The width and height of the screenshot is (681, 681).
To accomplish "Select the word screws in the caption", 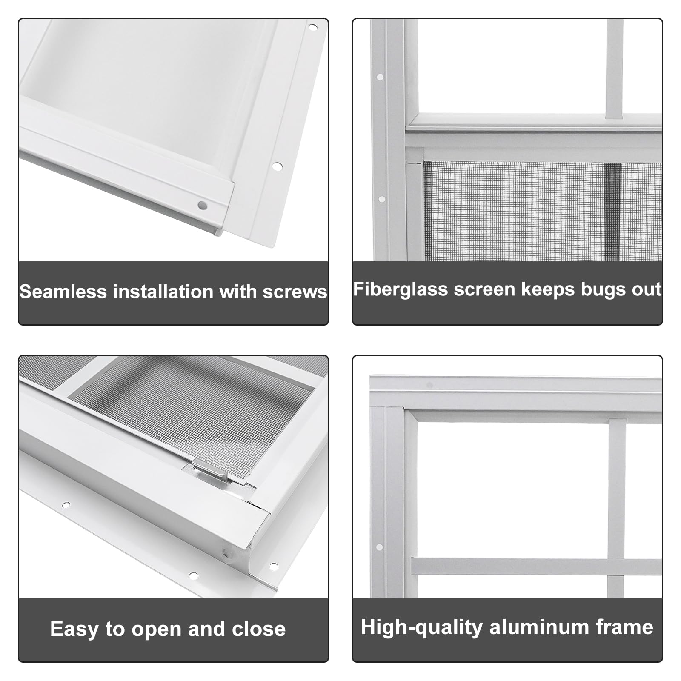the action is pyautogui.click(x=295, y=292).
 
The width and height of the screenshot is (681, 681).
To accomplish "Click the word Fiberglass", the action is pyautogui.click(x=401, y=289).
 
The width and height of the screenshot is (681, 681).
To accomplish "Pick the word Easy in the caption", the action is pyautogui.click(x=74, y=629).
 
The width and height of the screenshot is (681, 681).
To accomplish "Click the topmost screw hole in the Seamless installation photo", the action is pyautogui.click(x=313, y=27).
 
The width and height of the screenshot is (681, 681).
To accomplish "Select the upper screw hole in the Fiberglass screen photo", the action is pyautogui.click(x=380, y=77).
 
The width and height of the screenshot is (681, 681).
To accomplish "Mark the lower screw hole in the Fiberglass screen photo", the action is pyautogui.click(x=382, y=199).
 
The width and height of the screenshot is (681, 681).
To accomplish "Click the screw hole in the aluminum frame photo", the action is pyautogui.click(x=380, y=547).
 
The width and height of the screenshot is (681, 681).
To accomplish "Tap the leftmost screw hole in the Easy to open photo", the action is pyautogui.click(x=66, y=505).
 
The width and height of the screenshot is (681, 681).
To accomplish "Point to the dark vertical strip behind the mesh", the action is pyautogui.click(x=612, y=211).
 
